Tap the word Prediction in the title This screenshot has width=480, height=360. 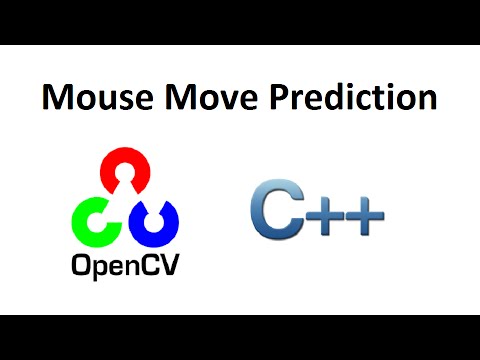point(342,98)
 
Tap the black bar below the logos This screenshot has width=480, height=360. point(240,337)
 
